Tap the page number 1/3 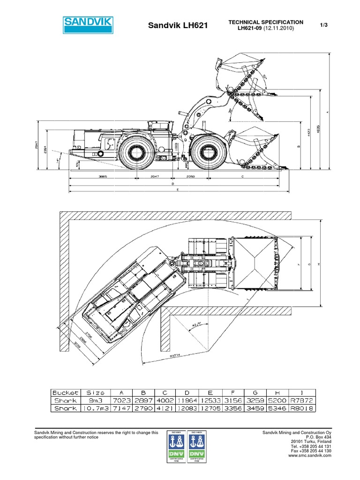point(323,25)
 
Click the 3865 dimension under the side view point(103,177)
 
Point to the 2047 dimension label point(155,177)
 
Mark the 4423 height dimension point(308,133)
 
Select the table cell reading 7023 point(121,400)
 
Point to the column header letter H point(277,392)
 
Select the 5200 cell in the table point(277,400)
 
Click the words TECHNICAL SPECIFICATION point(265,22)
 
